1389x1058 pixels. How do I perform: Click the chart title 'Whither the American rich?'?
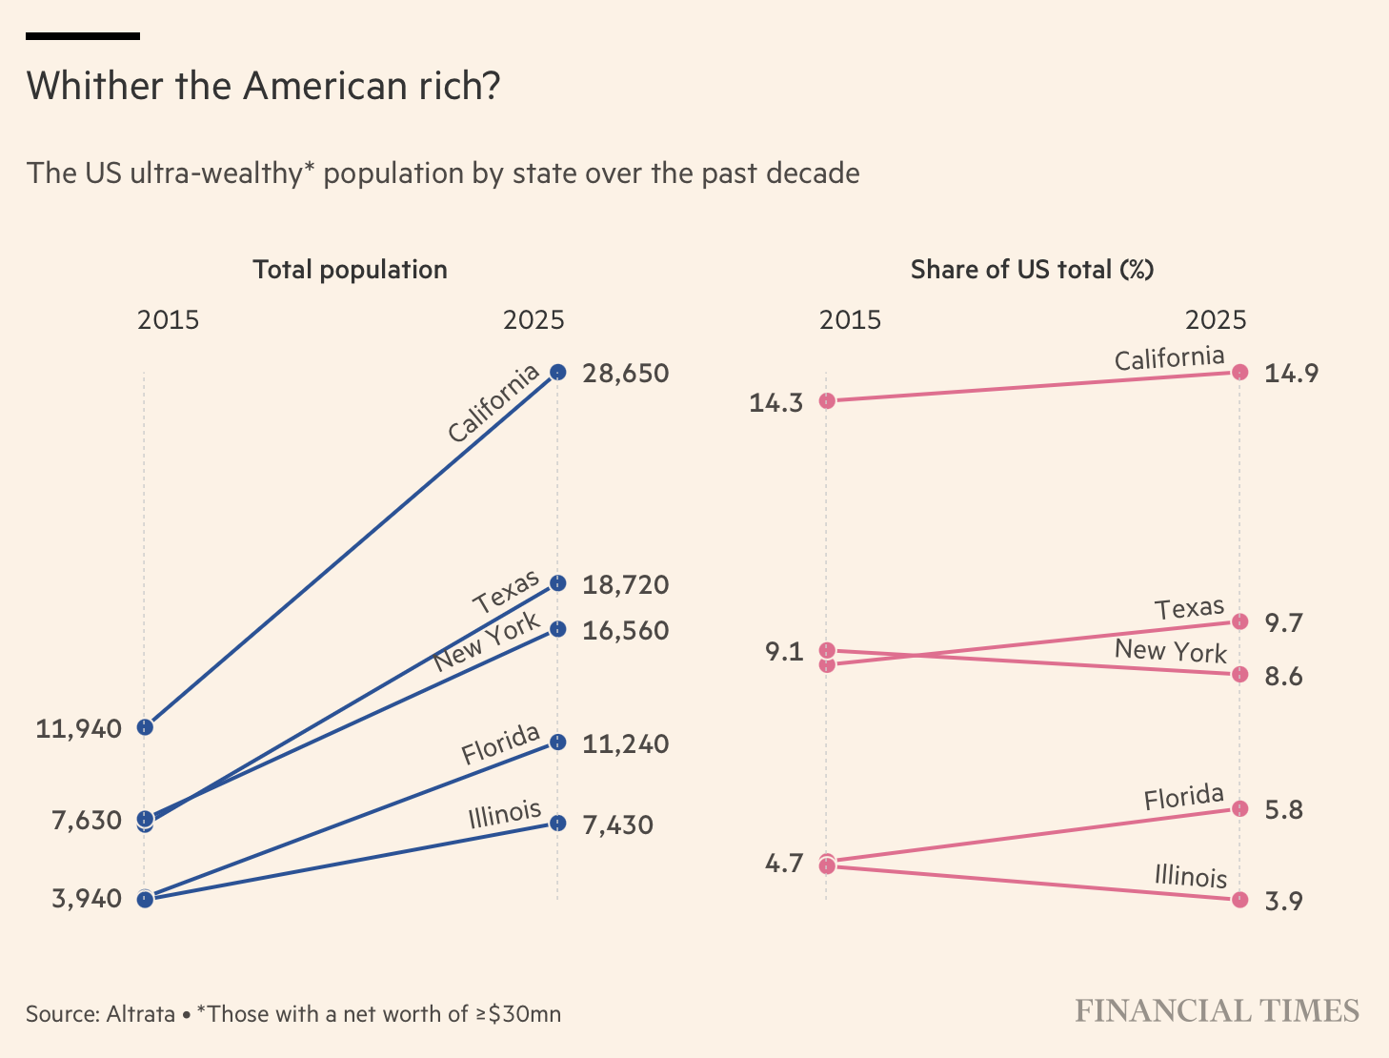pyautogui.click(x=263, y=87)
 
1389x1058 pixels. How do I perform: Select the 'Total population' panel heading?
pyautogui.click(x=350, y=270)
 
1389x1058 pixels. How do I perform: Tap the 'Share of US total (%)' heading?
pyautogui.click(x=1032, y=270)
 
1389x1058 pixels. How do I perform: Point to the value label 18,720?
pyautogui.click(x=625, y=584)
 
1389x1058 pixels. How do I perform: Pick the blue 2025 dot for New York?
pyautogui.click(x=558, y=629)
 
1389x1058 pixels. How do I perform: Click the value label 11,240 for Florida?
pyautogui.click(x=625, y=743)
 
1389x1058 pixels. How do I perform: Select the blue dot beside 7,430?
pyautogui.click(x=558, y=823)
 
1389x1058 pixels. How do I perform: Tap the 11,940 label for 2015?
pyautogui.click(x=79, y=729)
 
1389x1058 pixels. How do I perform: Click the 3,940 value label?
pyautogui.click(x=87, y=898)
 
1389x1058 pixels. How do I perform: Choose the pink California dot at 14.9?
pyautogui.click(x=1239, y=372)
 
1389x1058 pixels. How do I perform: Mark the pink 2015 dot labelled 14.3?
pyautogui.click(x=827, y=401)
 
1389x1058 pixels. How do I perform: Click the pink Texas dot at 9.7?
pyautogui.click(x=1239, y=621)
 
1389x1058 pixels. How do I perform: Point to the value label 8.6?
pyautogui.click(x=1283, y=677)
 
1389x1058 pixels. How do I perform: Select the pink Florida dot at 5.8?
pyautogui.click(x=1239, y=808)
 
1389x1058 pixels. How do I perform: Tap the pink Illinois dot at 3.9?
pyautogui.click(x=1239, y=900)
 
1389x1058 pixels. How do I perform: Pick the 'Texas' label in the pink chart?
pyautogui.click(x=1189, y=609)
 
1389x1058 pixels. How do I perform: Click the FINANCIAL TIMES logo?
pyautogui.click(x=1217, y=1011)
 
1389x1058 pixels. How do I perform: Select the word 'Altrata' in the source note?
pyautogui.click(x=141, y=1014)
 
